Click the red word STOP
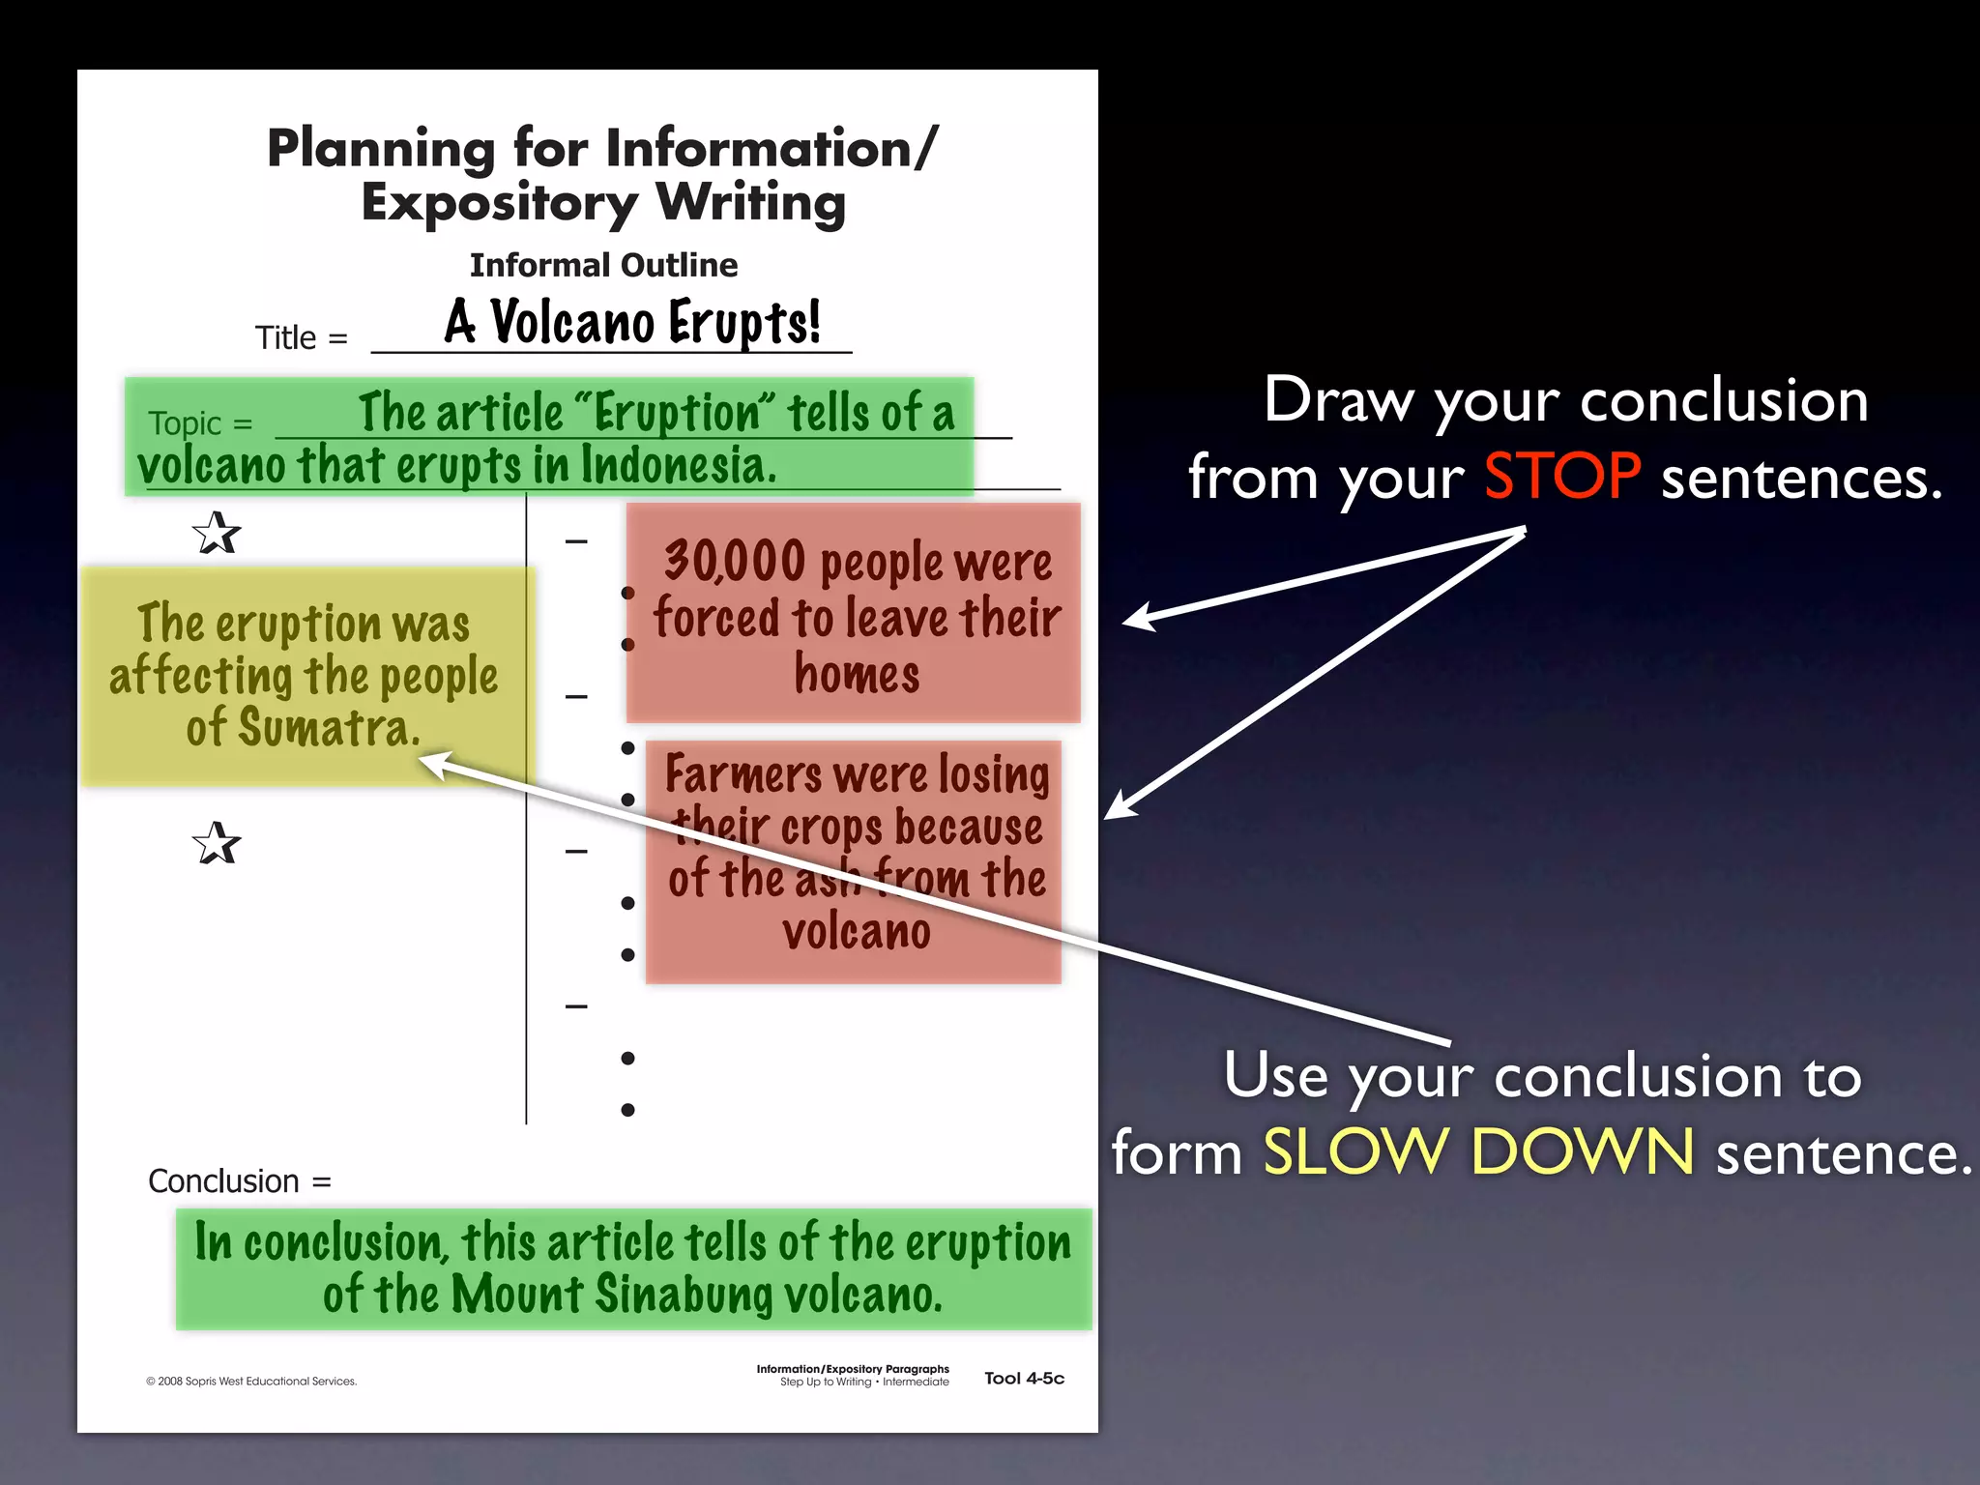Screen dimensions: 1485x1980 click(x=1561, y=477)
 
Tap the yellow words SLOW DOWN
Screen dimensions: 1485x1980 click(x=1478, y=1152)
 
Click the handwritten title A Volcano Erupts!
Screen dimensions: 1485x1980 click(x=632, y=322)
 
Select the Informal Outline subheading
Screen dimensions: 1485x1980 click(x=603, y=265)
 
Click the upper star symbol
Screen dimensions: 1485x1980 click(x=216, y=533)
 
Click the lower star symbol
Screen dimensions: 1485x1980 click(x=216, y=843)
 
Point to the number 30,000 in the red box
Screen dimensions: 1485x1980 click(x=735, y=561)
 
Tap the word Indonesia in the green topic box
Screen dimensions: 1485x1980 click(x=677, y=466)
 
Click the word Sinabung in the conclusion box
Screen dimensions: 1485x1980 click(x=683, y=1295)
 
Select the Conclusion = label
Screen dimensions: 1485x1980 click(x=239, y=1180)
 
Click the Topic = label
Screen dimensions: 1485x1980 click(x=200, y=423)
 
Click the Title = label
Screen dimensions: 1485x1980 click(x=301, y=338)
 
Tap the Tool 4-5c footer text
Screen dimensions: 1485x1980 click(x=1024, y=1379)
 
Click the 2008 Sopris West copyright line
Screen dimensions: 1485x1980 click(x=251, y=1382)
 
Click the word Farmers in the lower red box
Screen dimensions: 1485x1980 click(x=742, y=774)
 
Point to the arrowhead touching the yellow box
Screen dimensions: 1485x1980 click(x=430, y=764)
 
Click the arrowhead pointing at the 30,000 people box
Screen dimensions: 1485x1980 click(x=1137, y=618)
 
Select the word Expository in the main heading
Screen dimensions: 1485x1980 click(x=499, y=203)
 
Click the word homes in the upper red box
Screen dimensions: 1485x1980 click(x=857, y=674)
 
